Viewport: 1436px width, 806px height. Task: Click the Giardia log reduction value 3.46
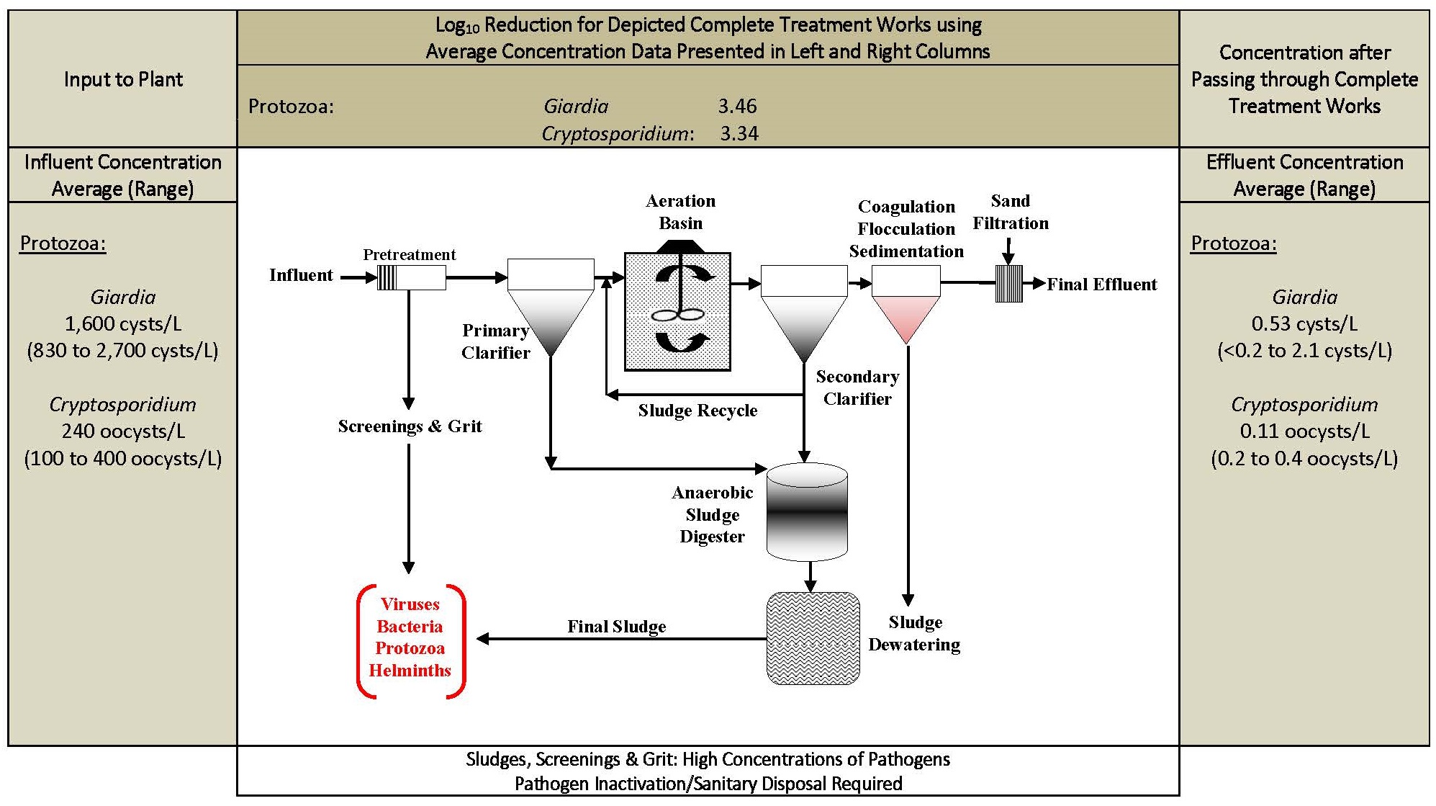tap(737, 107)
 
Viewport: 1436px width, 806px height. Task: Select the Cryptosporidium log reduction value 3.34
tap(739, 134)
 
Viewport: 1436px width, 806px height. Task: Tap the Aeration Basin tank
tap(677, 311)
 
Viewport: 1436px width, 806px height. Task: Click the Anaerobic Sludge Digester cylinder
tap(807, 512)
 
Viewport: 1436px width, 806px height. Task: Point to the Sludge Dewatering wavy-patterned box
tap(813, 638)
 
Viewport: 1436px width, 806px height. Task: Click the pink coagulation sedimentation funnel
tap(906, 305)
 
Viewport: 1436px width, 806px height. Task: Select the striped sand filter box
tap(1008, 284)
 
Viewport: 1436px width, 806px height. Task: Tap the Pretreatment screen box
tap(412, 277)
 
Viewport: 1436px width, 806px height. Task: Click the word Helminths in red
tap(410, 671)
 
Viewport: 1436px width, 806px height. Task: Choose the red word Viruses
tap(410, 604)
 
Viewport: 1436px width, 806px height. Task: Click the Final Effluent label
tap(1101, 285)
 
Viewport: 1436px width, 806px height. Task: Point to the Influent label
tap(301, 275)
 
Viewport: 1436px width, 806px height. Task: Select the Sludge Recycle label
tap(697, 411)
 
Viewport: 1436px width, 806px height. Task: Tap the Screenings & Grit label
tap(410, 426)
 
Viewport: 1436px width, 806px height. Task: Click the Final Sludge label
tap(616, 627)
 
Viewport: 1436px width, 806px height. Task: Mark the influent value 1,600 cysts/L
tap(123, 324)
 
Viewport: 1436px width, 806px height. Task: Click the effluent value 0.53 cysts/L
tap(1304, 324)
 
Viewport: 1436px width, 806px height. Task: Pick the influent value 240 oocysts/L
tap(123, 431)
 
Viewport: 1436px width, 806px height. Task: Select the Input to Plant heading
tap(123, 79)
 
